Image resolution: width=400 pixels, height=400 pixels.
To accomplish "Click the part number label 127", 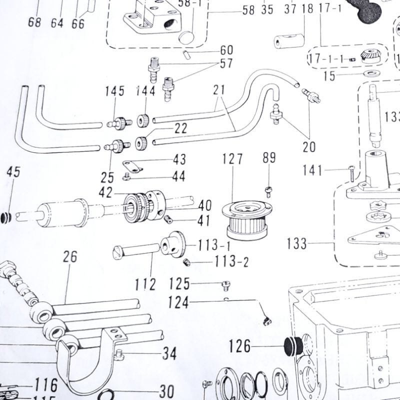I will (233, 159).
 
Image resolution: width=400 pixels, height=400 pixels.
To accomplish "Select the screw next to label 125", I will (225, 285).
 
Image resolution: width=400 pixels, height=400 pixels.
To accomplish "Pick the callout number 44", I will (179, 176).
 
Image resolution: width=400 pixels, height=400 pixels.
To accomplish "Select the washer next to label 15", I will (371, 74).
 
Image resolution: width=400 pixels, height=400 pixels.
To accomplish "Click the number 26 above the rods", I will (70, 257).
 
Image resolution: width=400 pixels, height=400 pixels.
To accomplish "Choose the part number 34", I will (169, 354).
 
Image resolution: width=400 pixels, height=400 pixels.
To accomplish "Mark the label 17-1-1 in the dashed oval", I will (326, 59).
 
